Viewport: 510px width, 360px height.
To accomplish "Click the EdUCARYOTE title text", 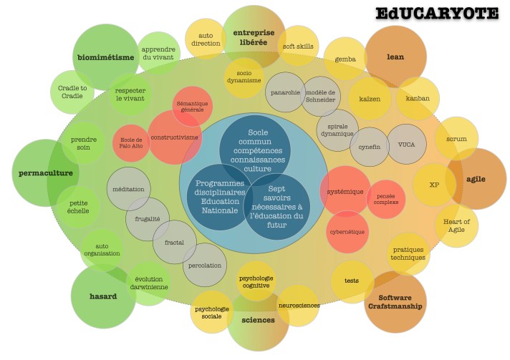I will [x=436, y=13].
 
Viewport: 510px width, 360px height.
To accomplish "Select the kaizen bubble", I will [x=370, y=98].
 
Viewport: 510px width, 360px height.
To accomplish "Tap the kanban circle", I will [x=418, y=98].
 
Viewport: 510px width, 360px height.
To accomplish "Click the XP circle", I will [x=434, y=185].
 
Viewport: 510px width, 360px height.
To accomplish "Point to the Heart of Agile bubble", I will [x=456, y=226].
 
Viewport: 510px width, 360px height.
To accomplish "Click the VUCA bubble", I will [x=406, y=144].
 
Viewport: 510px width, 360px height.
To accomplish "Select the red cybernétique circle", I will [x=348, y=232].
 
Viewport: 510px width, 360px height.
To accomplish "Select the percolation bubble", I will [x=204, y=265].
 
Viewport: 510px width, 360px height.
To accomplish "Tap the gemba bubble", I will [x=345, y=59].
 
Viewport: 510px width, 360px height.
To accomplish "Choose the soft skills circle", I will [x=298, y=47].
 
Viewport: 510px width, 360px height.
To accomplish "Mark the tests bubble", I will [x=352, y=281].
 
